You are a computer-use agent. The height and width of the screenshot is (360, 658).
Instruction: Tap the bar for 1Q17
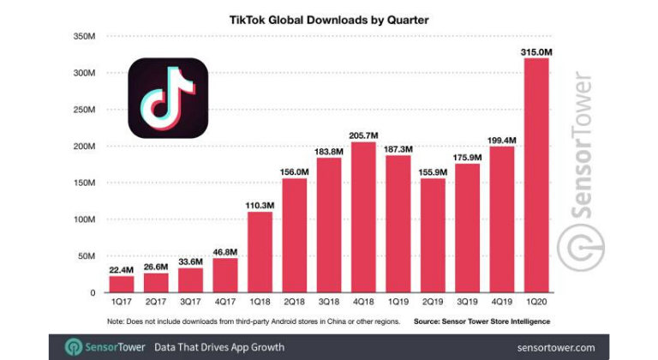point(121,284)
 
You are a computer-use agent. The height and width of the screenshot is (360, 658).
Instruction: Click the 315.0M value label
point(536,53)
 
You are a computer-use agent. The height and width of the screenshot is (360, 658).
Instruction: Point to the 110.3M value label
point(260,205)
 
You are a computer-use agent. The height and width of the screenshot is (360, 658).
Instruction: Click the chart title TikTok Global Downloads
point(329,16)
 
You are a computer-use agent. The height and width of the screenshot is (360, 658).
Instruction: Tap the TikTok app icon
point(168,98)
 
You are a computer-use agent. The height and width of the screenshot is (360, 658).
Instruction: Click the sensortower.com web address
point(555,347)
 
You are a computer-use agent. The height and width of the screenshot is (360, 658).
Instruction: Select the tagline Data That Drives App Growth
point(218,347)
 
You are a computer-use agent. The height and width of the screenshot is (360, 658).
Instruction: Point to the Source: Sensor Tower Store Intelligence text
point(481,321)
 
